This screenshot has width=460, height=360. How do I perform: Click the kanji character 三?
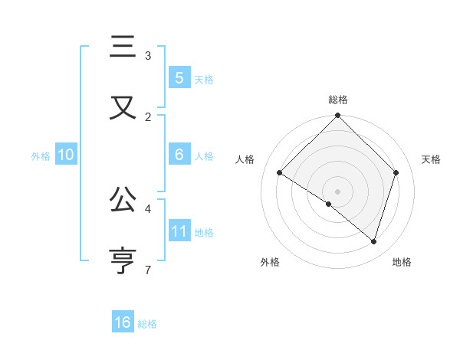(123, 47)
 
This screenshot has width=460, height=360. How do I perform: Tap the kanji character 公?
(123, 200)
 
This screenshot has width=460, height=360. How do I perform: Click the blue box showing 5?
(179, 77)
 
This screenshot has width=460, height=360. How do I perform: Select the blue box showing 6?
(179, 155)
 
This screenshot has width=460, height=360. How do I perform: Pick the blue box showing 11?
(179, 231)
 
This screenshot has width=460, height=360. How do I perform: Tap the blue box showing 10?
(65, 155)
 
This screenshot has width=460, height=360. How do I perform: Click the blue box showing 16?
(123, 322)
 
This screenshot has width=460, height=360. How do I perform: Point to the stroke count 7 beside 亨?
(147, 270)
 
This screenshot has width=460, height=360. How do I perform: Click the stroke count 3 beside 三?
(148, 56)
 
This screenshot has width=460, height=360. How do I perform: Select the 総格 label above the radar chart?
(337, 100)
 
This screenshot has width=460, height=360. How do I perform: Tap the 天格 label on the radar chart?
(432, 159)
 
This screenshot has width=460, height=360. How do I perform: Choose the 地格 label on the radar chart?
(402, 262)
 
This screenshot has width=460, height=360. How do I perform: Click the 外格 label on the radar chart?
(270, 262)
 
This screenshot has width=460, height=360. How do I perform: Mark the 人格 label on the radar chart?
(245, 159)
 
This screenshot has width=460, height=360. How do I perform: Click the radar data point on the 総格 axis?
(337, 116)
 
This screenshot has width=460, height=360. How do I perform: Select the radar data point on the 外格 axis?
(329, 204)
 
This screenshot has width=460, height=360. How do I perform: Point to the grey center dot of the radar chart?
(337, 191)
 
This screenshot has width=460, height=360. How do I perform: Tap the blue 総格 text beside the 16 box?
(147, 324)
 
